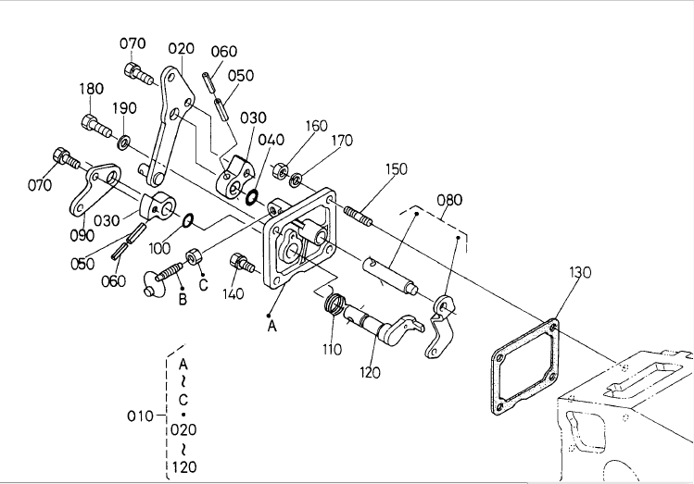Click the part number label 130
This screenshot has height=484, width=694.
pyautogui.click(x=580, y=272)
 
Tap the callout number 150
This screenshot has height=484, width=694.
pyautogui.click(x=397, y=168)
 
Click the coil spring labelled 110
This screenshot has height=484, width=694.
pyautogui.click(x=334, y=304)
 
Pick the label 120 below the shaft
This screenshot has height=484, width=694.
pyautogui.click(x=370, y=373)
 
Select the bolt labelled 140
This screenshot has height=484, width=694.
pyautogui.click(x=241, y=263)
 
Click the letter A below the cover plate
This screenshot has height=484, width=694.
pyautogui.click(x=271, y=326)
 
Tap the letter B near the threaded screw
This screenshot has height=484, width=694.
pyautogui.click(x=183, y=300)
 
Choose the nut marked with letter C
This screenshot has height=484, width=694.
pyautogui.click(x=194, y=257)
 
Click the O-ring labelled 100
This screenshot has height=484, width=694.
pyautogui.click(x=188, y=220)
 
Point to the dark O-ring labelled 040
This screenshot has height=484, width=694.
pyautogui.click(x=252, y=197)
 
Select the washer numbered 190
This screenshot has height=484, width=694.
pyautogui.click(x=124, y=143)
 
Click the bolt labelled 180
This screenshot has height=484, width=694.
pyautogui.click(x=96, y=126)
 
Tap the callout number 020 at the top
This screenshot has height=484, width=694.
pyautogui.click(x=181, y=49)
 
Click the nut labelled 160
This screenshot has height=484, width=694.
pyautogui.click(x=280, y=170)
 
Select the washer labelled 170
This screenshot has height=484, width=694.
pyautogui.click(x=296, y=180)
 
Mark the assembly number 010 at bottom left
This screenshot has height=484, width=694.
pyautogui.click(x=140, y=416)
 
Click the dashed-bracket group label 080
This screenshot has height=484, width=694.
pyautogui.click(x=449, y=200)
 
